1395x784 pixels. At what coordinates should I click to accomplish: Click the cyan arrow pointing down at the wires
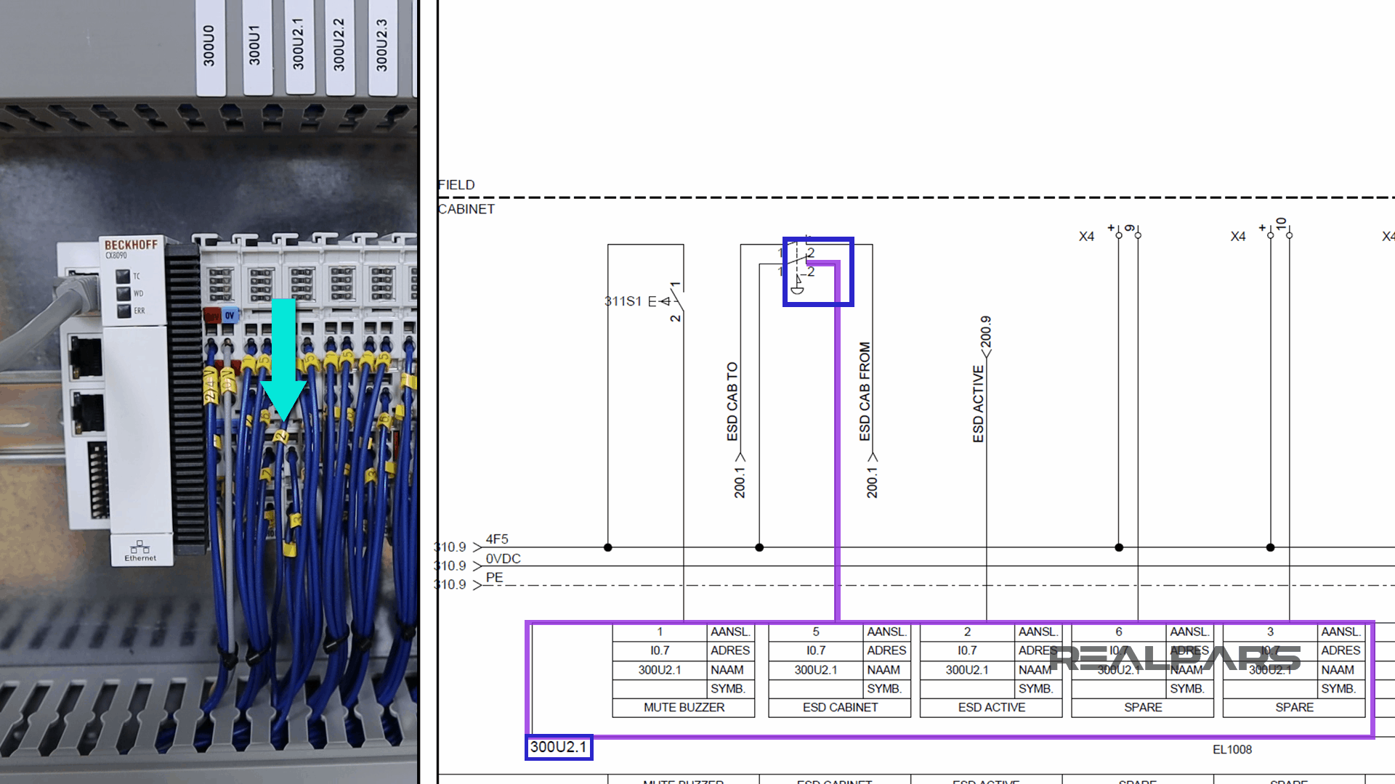click(x=283, y=363)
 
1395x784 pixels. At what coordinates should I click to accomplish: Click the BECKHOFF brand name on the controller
click(x=131, y=245)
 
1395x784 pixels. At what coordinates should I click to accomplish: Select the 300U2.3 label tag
click(x=382, y=45)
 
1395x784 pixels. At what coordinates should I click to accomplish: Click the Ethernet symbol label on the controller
click(x=140, y=551)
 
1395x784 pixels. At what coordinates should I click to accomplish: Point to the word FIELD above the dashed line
click(x=456, y=185)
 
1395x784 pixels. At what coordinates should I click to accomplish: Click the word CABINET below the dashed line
click(x=466, y=209)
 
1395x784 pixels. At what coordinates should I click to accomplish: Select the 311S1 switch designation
click(x=623, y=301)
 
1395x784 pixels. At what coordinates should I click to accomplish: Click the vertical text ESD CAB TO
click(x=732, y=401)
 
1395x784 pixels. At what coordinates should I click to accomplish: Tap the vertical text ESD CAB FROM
click(x=865, y=391)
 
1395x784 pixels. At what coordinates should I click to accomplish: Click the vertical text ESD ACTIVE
click(x=979, y=404)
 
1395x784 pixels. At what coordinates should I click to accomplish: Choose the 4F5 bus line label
click(x=497, y=539)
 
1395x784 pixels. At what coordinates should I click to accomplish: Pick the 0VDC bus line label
click(x=503, y=559)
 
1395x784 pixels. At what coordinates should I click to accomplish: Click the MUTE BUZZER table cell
click(x=684, y=707)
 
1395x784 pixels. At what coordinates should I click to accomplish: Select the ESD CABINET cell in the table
click(x=840, y=707)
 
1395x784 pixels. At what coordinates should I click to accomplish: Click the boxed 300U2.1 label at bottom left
click(x=558, y=747)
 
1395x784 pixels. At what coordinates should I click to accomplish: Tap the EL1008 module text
click(x=1232, y=750)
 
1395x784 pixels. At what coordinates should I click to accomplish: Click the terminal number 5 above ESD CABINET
click(x=815, y=632)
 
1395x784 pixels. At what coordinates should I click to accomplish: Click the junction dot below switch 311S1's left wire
click(x=608, y=547)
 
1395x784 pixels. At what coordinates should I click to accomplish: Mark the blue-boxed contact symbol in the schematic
click(x=817, y=271)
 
